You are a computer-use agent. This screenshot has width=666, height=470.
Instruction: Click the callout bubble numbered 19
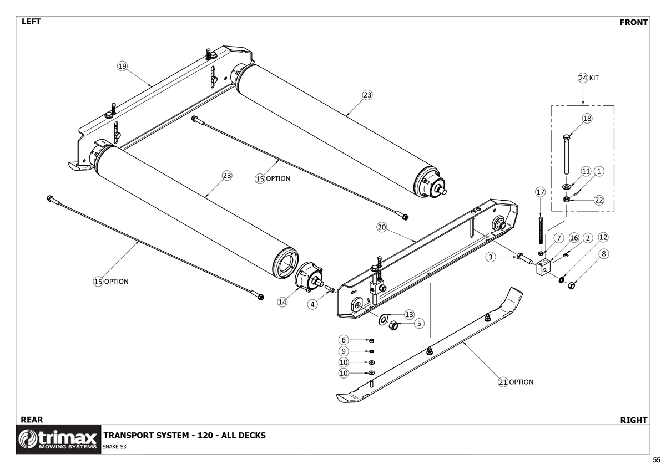point(122,67)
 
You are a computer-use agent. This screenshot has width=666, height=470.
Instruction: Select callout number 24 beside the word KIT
point(583,78)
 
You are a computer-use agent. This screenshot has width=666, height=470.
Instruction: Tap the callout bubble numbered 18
point(587,119)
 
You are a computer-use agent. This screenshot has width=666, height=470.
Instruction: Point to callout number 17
point(541,192)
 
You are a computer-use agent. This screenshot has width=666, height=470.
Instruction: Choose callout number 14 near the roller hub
point(282,302)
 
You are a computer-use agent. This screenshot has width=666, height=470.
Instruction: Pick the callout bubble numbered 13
point(409,315)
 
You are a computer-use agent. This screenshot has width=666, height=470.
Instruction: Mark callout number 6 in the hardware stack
point(344,340)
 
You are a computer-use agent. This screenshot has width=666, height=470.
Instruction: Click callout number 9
point(344,351)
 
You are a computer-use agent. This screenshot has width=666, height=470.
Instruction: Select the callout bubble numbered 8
point(604,253)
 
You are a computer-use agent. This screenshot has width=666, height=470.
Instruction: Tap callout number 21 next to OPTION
point(503,382)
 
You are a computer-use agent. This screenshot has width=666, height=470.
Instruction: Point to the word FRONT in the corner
point(633,22)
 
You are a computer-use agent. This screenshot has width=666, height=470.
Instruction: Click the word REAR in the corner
point(32,420)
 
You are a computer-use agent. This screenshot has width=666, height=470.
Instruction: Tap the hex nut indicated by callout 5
point(391,325)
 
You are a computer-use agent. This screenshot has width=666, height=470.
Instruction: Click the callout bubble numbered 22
point(599,200)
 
